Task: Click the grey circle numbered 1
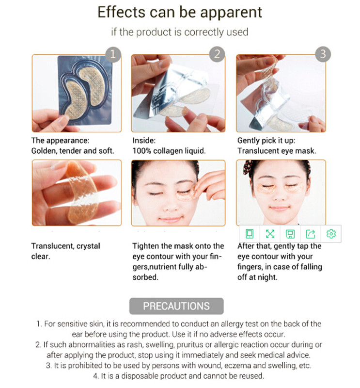[x=113, y=54]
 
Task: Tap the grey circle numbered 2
[x=217, y=54]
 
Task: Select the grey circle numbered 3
[x=323, y=54]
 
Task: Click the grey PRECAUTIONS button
[x=176, y=306]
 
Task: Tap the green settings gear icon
[x=331, y=234]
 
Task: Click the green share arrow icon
[x=311, y=234]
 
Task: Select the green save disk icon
[x=290, y=234]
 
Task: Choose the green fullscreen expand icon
[x=270, y=234]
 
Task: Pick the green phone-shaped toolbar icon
[x=250, y=234]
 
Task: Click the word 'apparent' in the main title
[x=231, y=13]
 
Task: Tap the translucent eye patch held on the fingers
[x=81, y=193]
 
